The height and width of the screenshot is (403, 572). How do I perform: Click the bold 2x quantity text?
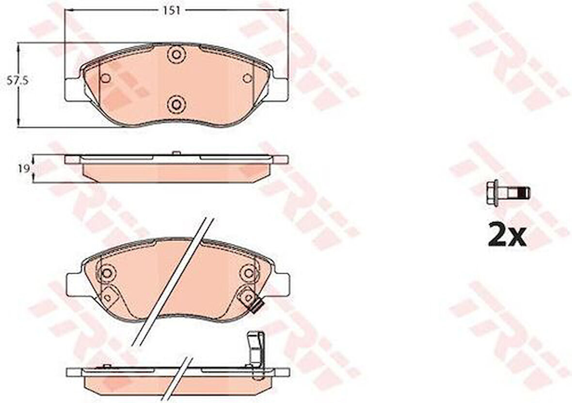[507, 236]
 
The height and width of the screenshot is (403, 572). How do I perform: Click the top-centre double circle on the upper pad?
[175, 54]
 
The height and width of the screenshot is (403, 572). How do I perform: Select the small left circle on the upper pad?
[106, 78]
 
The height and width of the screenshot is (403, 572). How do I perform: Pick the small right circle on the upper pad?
[247, 78]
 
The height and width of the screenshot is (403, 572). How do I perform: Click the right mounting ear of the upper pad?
[280, 89]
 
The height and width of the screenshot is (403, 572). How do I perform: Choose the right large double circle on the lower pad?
[249, 273]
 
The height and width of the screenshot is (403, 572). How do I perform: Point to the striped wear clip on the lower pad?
[258, 306]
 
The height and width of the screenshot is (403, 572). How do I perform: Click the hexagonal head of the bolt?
[492, 192]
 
